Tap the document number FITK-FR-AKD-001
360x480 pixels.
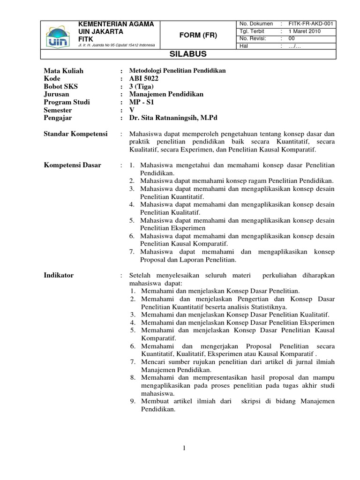(x=312, y=24)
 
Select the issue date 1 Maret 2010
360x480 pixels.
(x=304, y=31)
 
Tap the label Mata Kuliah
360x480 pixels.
(x=63, y=71)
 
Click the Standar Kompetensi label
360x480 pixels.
(x=75, y=134)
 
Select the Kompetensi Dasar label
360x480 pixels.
(x=72, y=165)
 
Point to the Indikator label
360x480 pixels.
(x=59, y=276)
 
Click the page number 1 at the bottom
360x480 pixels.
(x=185, y=449)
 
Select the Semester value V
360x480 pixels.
(x=132, y=110)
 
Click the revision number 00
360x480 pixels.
(x=292, y=38)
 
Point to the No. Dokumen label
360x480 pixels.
(x=256, y=24)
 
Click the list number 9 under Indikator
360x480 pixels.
(x=133, y=401)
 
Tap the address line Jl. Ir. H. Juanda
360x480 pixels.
(x=119, y=45)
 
